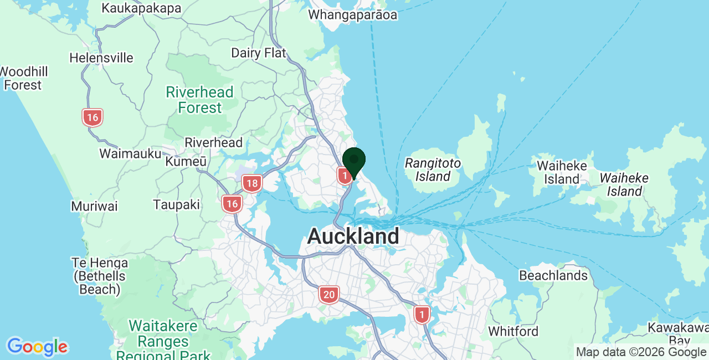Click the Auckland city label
coord(353,236)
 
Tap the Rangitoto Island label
coord(433,169)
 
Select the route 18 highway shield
coord(252,183)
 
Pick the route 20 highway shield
coord(329,295)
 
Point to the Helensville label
coord(101,58)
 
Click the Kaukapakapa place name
coord(142,8)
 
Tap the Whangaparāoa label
coord(352,15)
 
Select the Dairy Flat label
coord(258,53)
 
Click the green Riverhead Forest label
coord(200,100)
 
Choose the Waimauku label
coord(130,153)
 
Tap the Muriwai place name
coord(94,207)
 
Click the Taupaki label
coord(176,205)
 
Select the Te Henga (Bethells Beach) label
coord(100,276)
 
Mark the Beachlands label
coord(553,275)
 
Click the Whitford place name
coord(513,331)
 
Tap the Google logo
coord(37,347)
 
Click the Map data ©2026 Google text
coord(641,352)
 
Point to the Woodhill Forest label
coord(23,78)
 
